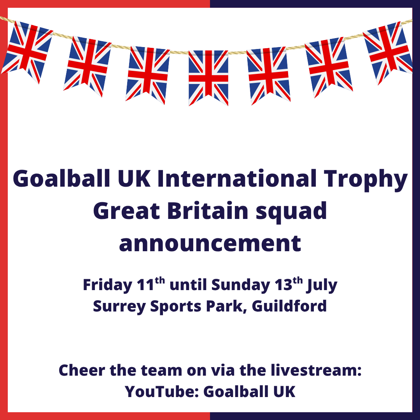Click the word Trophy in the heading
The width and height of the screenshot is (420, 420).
pos(365,179)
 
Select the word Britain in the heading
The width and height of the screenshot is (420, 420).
pos(208,211)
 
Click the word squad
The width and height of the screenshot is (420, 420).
pos(291,212)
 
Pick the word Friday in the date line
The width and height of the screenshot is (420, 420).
pos(107,285)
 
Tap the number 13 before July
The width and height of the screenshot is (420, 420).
pos(283,285)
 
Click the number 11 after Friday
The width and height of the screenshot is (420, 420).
pos(145,285)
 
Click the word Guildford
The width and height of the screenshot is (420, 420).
pos(289,306)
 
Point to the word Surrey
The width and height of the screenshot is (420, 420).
pos(119,307)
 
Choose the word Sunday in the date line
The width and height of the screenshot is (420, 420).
pos(241,285)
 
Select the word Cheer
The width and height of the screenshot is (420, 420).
pos(82,371)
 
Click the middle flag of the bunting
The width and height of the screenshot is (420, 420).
pos(208,78)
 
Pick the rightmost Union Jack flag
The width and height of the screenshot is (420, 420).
pos(388,52)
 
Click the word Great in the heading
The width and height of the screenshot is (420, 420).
pos(127,211)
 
